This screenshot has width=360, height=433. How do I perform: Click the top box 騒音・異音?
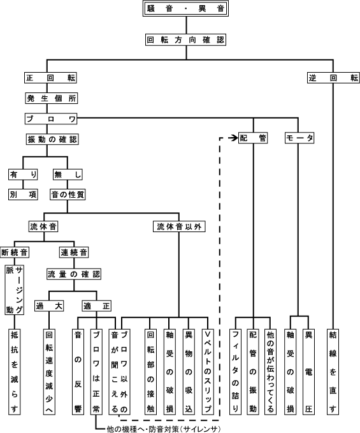click(x=185, y=8)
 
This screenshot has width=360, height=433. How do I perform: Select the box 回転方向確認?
click(x=185, y=40)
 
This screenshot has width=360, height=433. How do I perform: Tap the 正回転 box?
click(x=50, y=78)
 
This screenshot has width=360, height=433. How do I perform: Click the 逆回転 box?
click(x=333, y=78)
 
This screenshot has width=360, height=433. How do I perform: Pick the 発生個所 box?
click(x=52, y=98)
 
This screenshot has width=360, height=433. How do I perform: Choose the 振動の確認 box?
click(x=52, y=139)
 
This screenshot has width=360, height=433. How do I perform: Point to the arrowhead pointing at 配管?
click(x=235, y=138)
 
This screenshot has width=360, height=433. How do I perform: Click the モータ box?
click(x=299, y=138)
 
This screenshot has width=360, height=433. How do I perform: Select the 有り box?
click(x=23, y=174)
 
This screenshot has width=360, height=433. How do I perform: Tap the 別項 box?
click(x=23, y=194)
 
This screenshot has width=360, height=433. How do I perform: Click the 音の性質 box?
click(x=68, y=194)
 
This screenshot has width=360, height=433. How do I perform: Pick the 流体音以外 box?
click(x=179, y=227)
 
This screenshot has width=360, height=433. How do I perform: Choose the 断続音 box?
click(x=15, y=252)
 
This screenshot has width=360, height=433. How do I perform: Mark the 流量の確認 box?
click(x=74, y=274)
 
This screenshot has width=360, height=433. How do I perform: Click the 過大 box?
click(x=49, y=305)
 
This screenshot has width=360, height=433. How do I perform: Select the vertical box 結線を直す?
click(x=333, y=372)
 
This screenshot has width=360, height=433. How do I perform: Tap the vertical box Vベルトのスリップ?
click(x=208, y=372)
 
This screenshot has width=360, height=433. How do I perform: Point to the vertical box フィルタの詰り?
click(x=235, y=372)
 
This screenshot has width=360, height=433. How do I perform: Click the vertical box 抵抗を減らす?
click(x=15, y=372)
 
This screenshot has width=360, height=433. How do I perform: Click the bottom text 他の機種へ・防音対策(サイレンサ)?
click(x=164, y=429)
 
